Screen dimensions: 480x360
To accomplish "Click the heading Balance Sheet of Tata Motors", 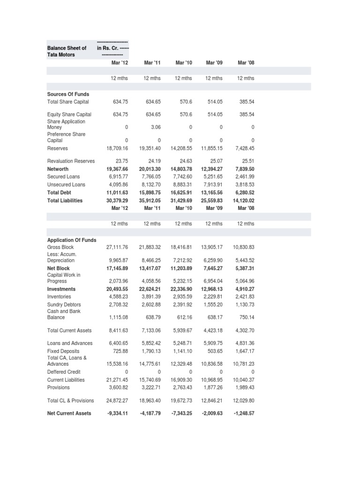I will pyautogui.click(x=67, y=51).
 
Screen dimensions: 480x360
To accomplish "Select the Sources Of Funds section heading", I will pyautogui.click(x=68, y=94).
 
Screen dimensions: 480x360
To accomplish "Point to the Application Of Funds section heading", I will pyautogui.click(x=72, y=240).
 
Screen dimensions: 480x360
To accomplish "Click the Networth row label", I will pyautogui.click(x=58, y=169).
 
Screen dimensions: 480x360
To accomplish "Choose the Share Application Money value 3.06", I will pyautogui.click(x=154, y=127).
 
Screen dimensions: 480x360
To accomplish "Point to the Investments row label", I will pyautogui.click(x=61, y=289).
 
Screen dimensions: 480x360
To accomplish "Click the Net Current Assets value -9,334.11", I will pyautogui.click(x=115, y=413).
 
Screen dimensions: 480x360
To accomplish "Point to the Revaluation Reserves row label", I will pyautogui.click(x=71, y=161).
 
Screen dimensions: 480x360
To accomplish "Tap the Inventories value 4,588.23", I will pyautogui.click(x=117, y=297).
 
